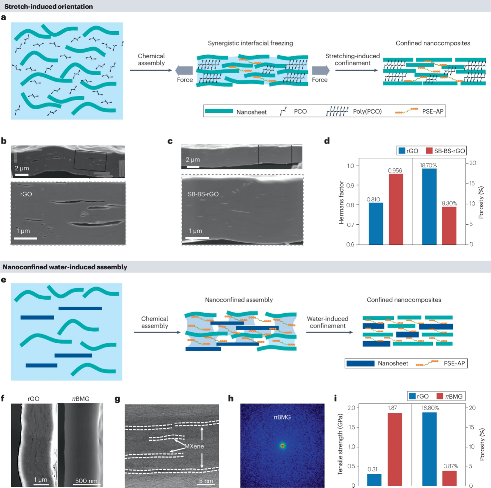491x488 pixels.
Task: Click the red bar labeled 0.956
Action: point(396,209)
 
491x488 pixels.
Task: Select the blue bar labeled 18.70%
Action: point(429,207)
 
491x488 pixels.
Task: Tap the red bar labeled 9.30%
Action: point(449,225)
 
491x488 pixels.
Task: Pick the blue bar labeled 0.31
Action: point(374,480)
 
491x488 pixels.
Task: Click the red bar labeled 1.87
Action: point(395,449)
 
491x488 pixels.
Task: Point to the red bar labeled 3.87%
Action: point(449,478)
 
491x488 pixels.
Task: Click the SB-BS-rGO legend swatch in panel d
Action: point(429,151)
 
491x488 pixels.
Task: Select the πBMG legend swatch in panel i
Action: point(440,396)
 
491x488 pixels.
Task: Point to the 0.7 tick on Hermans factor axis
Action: point(350,225)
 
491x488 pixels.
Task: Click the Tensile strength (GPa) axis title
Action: point(340,444)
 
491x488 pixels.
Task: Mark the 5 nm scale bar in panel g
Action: point(206,484)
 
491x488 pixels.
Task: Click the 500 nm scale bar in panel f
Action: point(87,484)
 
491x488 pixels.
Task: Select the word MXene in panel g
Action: point(194,446)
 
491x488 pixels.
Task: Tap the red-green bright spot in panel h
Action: point(282,446)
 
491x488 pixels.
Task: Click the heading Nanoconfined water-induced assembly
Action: point(65,267)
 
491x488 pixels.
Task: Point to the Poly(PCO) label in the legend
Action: point(367,112)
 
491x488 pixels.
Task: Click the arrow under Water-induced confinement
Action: point(330,332)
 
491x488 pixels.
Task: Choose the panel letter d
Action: point(327,141)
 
